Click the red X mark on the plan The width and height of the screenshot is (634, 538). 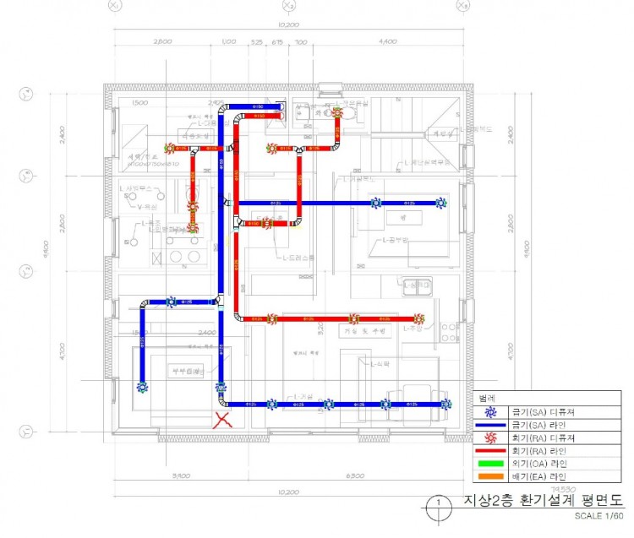(223, 419)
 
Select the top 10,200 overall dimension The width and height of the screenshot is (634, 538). (289, 25)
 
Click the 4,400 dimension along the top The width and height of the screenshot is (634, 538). (388, 41)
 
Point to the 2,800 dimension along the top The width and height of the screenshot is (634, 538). (163, 41)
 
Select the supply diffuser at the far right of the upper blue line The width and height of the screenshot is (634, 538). (440, 203)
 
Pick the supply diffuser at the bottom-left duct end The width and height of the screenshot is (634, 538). (142, 387)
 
